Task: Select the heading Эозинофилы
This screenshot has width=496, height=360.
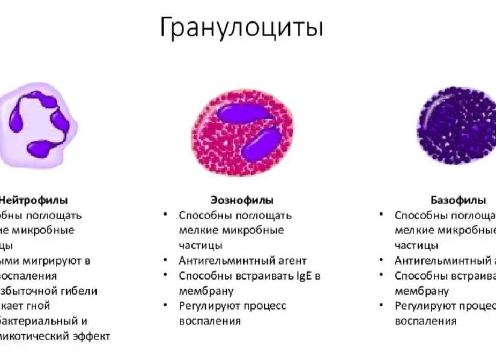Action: [242, 201]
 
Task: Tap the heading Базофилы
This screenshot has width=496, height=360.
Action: [458, 201]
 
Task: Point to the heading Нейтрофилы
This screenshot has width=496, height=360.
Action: [33, 201]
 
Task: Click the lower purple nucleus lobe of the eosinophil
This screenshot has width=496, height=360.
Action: [261, 143]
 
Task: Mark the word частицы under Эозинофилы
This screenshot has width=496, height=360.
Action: [201, 246]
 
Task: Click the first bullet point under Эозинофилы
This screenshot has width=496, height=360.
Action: [167, 215]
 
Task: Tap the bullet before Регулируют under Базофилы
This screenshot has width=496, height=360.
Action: [381, 305]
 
